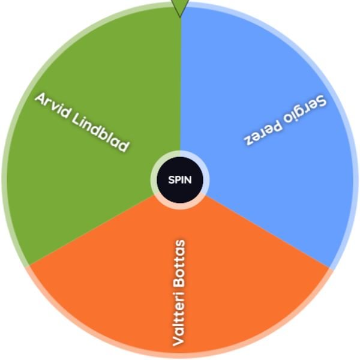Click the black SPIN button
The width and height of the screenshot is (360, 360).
coord(180,180)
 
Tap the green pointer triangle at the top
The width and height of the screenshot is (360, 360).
coord(180,7)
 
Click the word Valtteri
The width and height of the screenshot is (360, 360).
coord(179,319)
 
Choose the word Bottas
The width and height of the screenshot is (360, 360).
coord(179,263)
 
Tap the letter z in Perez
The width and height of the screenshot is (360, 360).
coord(248,139)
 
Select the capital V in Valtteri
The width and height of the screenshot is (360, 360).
coord(178,340)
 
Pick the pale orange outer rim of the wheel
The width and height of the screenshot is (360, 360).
coord(180,355)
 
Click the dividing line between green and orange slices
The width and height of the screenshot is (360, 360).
coord(92,230)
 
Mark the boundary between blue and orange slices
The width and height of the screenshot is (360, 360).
coord(268,231)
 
